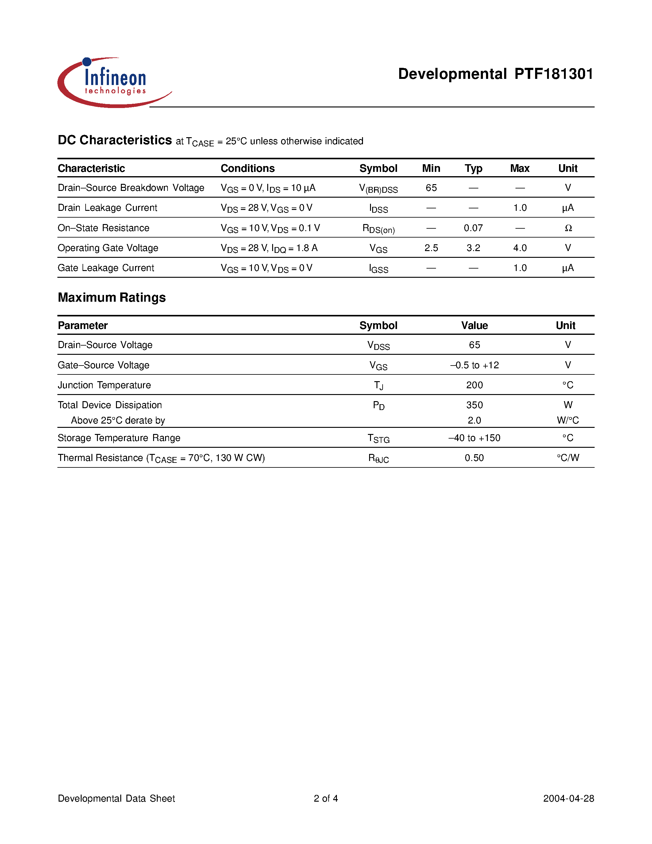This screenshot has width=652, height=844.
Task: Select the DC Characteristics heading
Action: pos(115,140)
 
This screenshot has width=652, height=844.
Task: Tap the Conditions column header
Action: pos(248,168)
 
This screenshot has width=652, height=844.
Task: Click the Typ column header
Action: pos(473,168)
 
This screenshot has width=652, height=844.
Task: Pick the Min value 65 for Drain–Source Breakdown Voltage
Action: pos(431,188)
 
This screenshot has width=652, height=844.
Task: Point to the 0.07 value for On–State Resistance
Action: pos(473,228)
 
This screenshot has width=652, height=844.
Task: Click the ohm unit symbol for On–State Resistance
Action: pos(568,228)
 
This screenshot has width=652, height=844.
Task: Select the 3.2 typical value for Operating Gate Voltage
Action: pos(473,248)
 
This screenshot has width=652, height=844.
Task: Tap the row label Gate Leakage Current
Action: pos(106,268)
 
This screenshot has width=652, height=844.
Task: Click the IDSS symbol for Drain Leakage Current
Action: pos(379,208)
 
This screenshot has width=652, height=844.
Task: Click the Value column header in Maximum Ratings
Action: pos(474,325)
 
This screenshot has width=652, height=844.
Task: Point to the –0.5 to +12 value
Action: pos(474,365)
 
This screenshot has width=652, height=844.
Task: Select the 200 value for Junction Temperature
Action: pos(474,385)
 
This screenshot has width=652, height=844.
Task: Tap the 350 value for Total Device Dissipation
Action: pos(474,405)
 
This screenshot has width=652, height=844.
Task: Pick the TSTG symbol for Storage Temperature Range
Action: pos(379,438)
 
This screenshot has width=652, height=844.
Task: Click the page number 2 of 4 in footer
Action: pos(326,798)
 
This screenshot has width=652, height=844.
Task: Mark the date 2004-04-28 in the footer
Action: pos(568,798)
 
